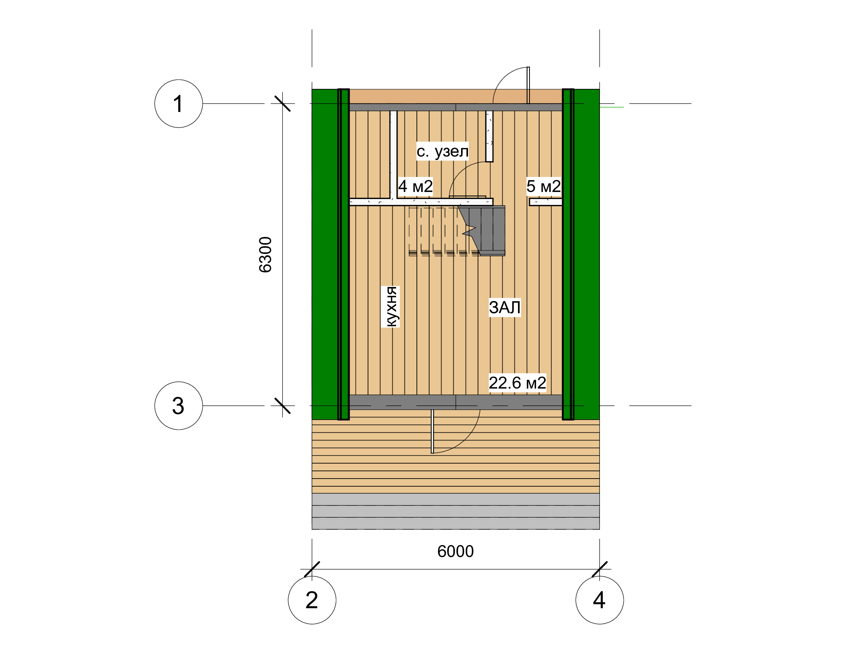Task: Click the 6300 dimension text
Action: [265, 255]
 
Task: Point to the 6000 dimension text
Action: [456, 551]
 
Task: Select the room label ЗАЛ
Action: [505, 307]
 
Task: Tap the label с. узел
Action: [442, 151]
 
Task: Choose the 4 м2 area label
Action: [415, 186]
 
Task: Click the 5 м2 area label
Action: [543, 186]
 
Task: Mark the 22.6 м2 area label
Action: [518, 383]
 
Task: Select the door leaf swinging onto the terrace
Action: [432, 431]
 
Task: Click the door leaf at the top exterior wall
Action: [528, 85]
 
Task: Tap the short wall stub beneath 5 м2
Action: [546, 202]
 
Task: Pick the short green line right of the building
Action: [612, 107]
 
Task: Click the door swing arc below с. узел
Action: [463, 174]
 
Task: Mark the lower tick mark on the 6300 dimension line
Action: [282, 405]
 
